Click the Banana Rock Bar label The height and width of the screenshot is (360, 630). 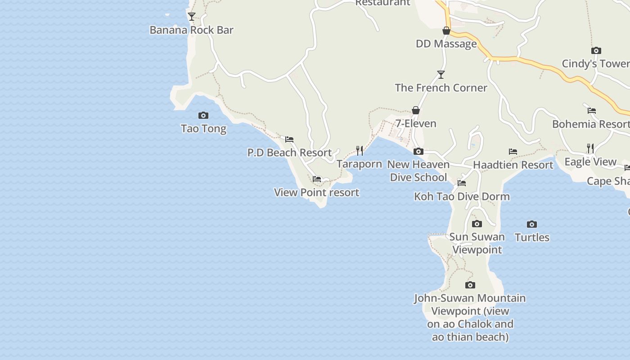[191, 30]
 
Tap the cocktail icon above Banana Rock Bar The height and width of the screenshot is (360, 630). [192, 17]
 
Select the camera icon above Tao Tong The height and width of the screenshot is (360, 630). [203, 116]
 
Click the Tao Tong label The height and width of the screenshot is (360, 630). [203, 129]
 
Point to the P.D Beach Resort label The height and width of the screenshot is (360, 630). [289, 153]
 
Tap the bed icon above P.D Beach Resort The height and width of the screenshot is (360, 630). [289, 139]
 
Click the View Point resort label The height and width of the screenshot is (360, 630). [316, 193]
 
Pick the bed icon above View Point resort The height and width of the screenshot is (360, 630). [317, 179]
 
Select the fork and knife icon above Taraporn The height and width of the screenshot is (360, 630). [360, 150]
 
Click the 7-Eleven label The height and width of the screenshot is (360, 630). [416, 123]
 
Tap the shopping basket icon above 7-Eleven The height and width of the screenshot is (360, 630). [416, 110]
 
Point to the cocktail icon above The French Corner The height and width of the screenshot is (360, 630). [441, 75]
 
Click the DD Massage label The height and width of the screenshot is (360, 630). [446, 44]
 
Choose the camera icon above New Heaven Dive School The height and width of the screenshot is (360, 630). [418, 152]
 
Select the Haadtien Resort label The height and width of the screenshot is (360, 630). [513, 165]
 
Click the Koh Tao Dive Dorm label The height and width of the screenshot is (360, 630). [462, 197]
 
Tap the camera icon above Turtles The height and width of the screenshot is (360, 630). [532, 224]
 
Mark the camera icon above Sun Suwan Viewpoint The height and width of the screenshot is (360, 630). [477, 224]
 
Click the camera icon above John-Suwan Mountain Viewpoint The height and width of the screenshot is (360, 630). [470, 285]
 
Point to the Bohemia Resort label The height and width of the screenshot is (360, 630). [590, 124]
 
